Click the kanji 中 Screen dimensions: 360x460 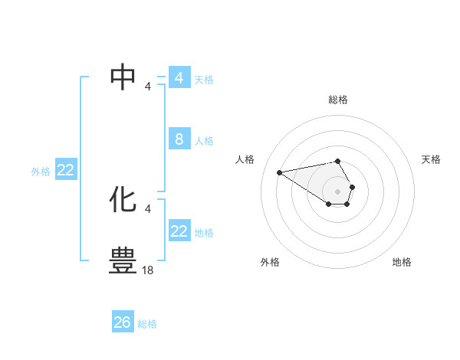(123, 77)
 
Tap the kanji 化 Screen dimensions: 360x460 (123, 200)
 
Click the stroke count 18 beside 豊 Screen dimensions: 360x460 (149, 270)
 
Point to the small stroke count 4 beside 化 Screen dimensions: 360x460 (148, 208)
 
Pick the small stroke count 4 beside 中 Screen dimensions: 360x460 (148, 86)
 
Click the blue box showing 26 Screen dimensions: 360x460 (123, 322)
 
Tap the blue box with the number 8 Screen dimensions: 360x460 (179, 139)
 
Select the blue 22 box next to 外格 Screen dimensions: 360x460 (65, 170)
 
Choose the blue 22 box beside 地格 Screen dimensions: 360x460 (179, 231)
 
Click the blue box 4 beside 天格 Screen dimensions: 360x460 (179, 77)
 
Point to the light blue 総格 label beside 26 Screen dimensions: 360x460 (147, 324)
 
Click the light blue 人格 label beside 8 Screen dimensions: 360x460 (204, 141)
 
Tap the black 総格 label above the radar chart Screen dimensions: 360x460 (338, 100)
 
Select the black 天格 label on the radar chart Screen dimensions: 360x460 (431, 159)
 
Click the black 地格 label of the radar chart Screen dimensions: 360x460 (402, 262)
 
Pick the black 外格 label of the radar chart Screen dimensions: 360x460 (270, 262)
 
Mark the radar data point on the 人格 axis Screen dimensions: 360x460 (279, 172)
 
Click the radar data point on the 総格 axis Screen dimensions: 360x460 (337, 161)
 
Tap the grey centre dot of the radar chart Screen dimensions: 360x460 (337, 191)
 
